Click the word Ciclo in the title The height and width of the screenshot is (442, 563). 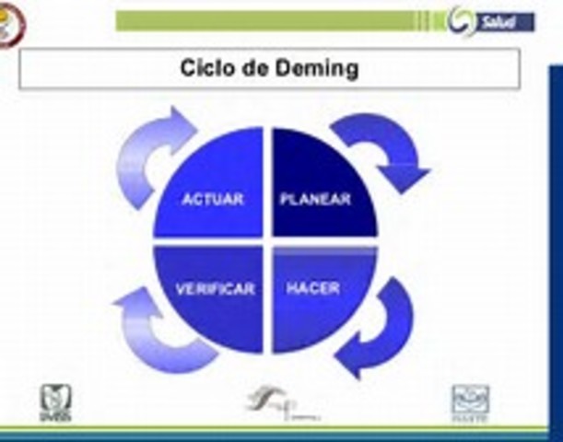[x=203, y=69]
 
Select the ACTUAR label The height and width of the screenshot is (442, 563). [x=213, y=199]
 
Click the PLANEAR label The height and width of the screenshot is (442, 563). [x=315, y=199]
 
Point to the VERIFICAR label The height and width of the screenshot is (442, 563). [x=215, y=288]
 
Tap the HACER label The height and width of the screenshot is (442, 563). [x=313, y=288]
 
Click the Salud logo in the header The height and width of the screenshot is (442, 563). [x=493, y=21]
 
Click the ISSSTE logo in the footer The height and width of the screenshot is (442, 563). [x=471, y=401]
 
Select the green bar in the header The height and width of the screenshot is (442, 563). [x=276, y=21]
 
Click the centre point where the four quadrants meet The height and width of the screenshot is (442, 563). [x=267, y=241]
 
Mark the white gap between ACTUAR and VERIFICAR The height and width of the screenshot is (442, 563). [x=209, y=241]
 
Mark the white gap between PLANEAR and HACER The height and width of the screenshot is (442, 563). [x=324, y=241]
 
